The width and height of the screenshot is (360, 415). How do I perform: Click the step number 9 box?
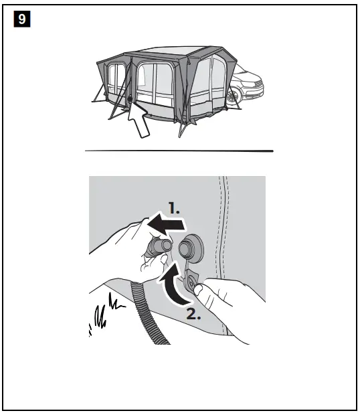point(21,20)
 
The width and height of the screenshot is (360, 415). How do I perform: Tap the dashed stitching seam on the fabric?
point(225,221)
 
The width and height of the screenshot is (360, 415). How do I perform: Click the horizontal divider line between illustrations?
point(179,151)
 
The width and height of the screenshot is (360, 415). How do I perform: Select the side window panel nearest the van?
point(218,79)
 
